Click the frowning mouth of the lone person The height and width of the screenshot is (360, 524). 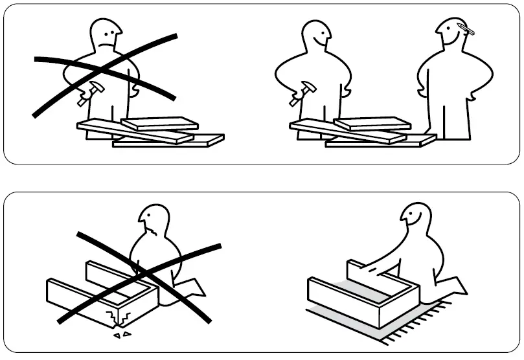tap(109, 42)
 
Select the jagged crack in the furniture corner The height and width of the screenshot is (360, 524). tap(120, 317)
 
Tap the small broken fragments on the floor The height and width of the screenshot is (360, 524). tap(121, 335)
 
